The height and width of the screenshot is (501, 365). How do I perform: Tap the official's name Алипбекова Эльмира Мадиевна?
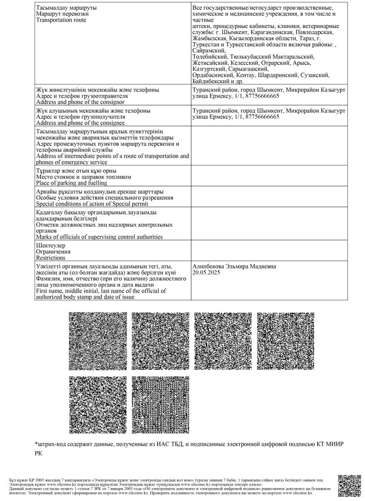[234, 266]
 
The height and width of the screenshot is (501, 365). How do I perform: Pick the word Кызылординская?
[253, 38]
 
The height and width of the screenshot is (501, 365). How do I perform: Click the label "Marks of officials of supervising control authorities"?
[99, 237]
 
